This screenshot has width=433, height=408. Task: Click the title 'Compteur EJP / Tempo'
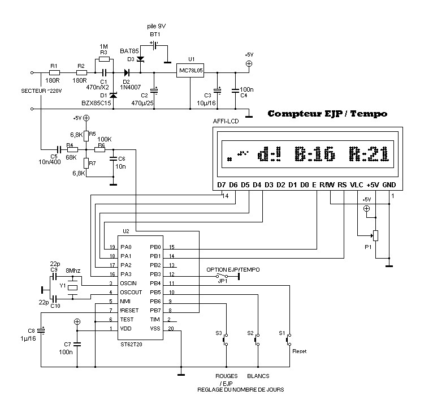327,114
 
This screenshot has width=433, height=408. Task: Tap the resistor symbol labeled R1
54,72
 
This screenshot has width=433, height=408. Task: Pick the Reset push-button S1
289,341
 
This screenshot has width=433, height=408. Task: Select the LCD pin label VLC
356,185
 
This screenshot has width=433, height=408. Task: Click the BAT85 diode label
129,51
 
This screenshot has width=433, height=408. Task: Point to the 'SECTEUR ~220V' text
40,91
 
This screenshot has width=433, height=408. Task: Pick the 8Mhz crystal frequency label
73,271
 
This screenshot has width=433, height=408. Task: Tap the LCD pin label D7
222,185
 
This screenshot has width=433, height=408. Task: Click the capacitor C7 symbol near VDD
77,342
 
